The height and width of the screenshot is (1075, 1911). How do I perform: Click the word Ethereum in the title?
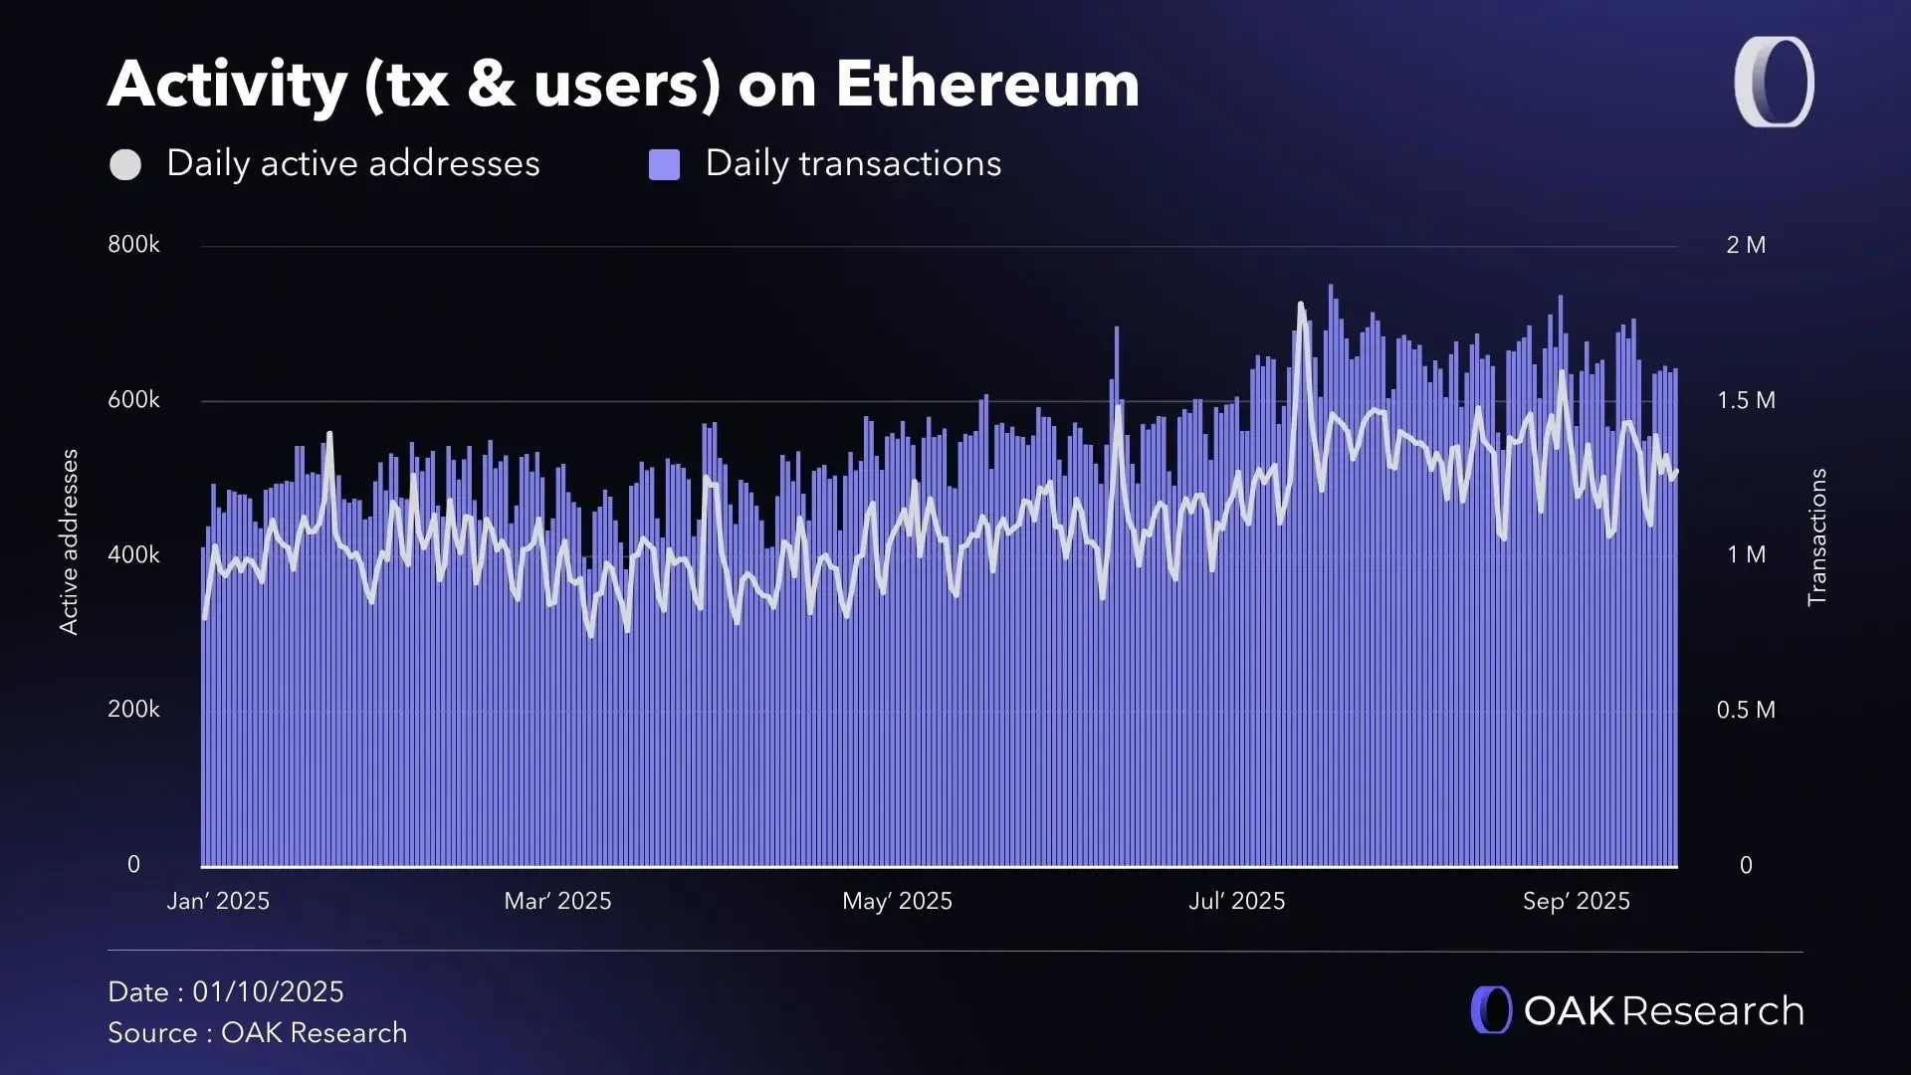(986, 85)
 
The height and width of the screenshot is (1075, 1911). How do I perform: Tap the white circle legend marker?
(125, 165)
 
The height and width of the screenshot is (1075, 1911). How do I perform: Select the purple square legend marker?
(664, 165)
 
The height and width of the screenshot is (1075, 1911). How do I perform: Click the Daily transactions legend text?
(853, 164)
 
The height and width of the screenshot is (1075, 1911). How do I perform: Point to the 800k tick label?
(133, 245)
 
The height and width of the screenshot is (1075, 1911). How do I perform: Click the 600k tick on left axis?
(133, 400)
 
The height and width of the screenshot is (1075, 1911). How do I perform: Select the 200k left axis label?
(133, 710)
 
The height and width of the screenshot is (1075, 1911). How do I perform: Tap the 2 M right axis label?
(1746, 245)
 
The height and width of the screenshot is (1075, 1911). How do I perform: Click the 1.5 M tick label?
(1746, 400)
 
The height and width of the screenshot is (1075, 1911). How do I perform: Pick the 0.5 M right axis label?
(1746, 710)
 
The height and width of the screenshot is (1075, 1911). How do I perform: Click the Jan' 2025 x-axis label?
(218, 901)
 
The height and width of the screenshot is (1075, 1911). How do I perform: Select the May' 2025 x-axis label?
(897, 901)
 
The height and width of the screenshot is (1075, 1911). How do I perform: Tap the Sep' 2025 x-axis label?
(1577, 901)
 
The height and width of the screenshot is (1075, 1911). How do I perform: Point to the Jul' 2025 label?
(1237, 901)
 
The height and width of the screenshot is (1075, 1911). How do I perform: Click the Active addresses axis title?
(69, 541)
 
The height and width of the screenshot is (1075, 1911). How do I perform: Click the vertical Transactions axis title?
(1817, 537)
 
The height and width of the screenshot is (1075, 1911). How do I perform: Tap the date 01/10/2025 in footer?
(268, 992)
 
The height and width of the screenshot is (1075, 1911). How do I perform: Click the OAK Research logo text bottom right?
(1663, 1011)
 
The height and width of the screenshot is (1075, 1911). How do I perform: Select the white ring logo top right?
(1775, 83)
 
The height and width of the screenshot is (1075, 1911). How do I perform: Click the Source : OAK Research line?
(257, 1033)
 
